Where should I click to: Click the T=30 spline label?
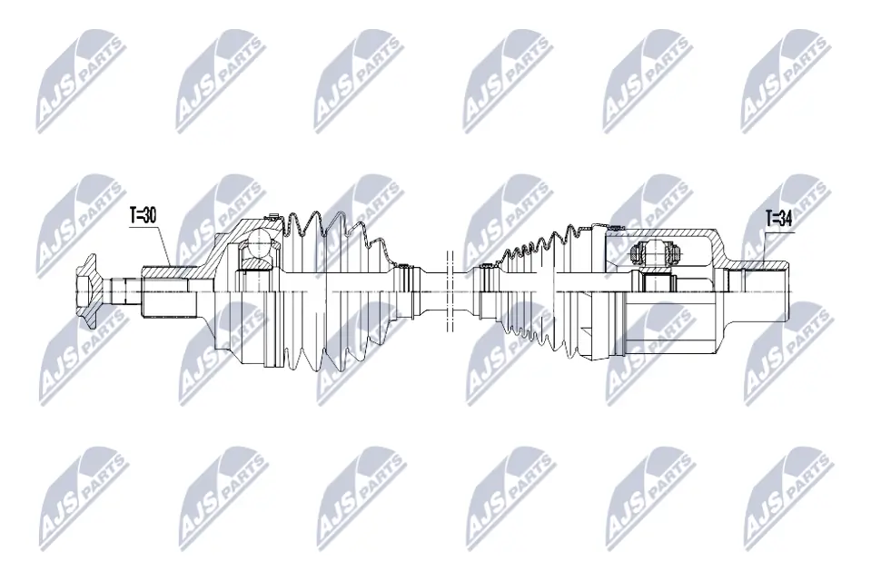coord(144,216)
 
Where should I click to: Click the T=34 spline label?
coord(779,218)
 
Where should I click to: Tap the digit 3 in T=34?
coord(783,218)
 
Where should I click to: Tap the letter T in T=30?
coord(133,216)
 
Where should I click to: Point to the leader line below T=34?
coord(761,245)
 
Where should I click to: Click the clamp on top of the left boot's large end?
coord(272,218)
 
